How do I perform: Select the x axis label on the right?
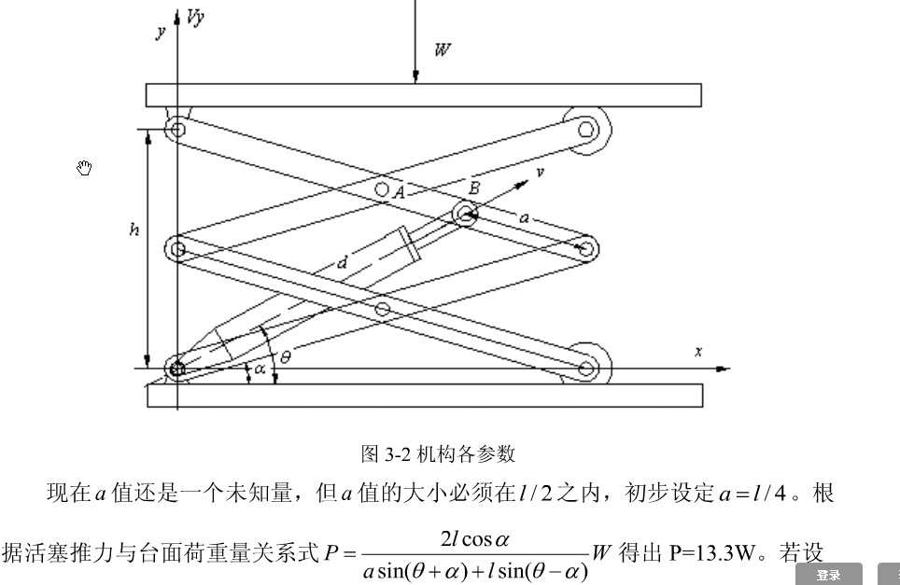[697, 351]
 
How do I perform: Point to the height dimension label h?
[134, 229]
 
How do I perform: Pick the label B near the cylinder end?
[474, 188]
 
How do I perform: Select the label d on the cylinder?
[342, 263]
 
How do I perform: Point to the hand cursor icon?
[85, 168]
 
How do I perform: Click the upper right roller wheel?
[586, 130]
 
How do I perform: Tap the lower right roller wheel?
[586, 369]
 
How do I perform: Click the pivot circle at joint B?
[465, 214]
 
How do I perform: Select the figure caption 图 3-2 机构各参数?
[438, 454]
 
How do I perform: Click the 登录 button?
[828, 575]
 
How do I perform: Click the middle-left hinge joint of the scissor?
[178, 248]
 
